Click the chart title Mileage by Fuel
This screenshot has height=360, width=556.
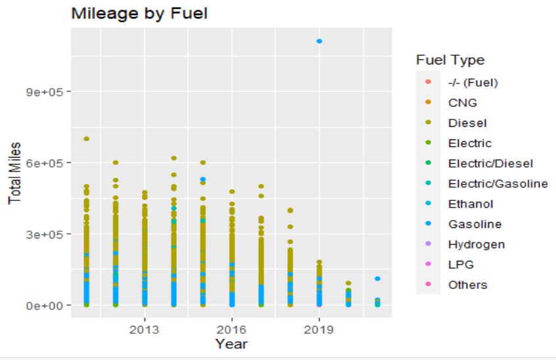139,13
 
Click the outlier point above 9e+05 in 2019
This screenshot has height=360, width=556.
319,41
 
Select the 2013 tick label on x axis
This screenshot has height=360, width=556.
145,328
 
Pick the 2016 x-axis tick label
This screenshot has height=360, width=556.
232,328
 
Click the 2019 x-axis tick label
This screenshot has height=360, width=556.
319,328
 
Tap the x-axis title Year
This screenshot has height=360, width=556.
231,344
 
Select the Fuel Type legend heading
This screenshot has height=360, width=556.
450,60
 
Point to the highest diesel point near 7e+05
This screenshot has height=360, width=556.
86,139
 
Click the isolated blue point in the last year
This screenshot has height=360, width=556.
377,279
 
